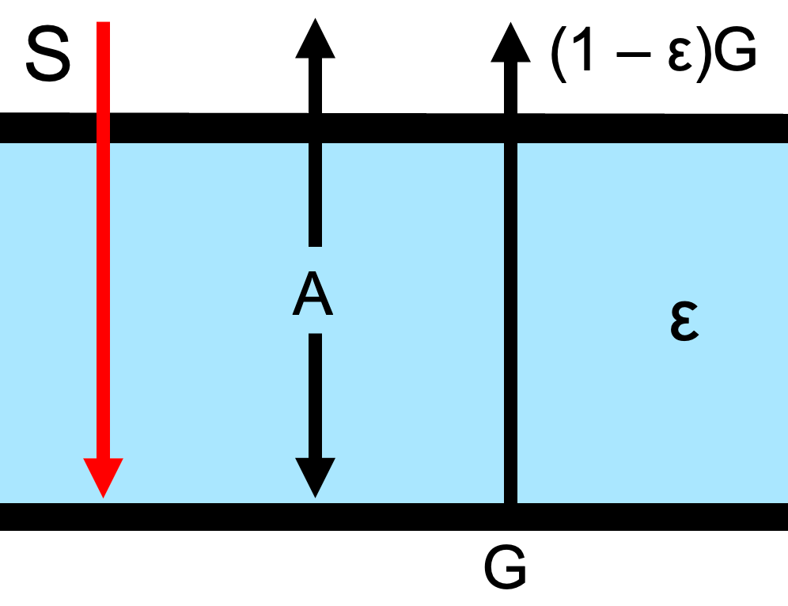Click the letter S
pyautogui.click(x=48, y=57)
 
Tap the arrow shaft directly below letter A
pyautogui.click(x=315, y=396)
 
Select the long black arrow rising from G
pyautogui.click(x=510, y=316)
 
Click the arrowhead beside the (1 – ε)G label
pyautogui.click(x=510, y=40)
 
